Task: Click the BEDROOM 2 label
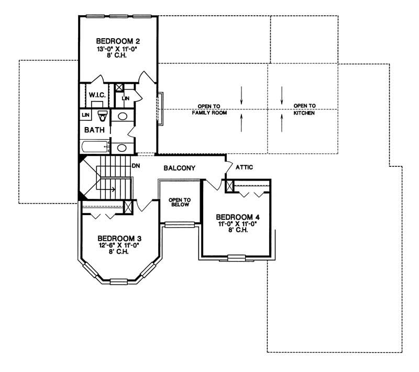(118, 40)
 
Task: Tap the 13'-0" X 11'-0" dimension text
(118, 48)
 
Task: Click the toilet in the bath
(103, 115)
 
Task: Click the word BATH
(94, 130)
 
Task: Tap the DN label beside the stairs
(136, 166)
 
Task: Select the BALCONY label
(179, 168)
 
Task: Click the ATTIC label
(244, 168)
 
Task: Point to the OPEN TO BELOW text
(179, 202)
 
